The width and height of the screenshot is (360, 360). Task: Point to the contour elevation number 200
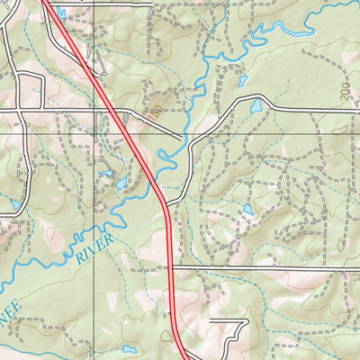point(345,89)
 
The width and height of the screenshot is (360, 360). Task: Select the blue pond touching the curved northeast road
point(256,106)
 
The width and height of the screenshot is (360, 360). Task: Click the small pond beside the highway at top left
point(60,13)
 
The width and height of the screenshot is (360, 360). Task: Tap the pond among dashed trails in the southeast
point(247,210)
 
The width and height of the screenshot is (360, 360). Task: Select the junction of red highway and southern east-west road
point(171,267)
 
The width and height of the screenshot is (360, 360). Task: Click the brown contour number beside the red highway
point(156,112)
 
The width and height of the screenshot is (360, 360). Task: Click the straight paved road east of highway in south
point(270,267)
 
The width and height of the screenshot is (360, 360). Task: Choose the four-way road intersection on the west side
point(42,111)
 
